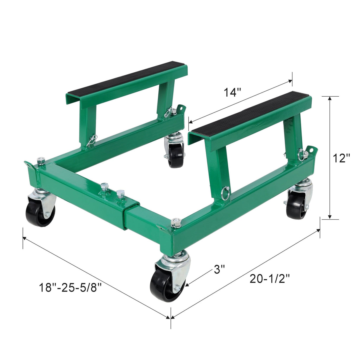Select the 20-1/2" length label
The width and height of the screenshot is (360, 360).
tap(270, 279)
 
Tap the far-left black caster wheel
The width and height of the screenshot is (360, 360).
tap(39, 211)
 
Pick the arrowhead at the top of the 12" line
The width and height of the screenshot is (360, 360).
tap(330, 99)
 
